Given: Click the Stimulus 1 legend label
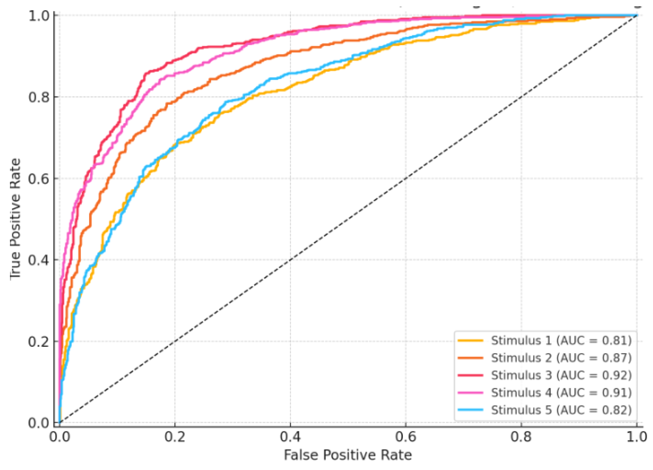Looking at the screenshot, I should tap(561, 340).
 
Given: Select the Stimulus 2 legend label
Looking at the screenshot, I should tap(561, 358).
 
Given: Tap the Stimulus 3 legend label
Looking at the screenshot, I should tap(561, 375).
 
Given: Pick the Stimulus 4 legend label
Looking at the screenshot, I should tap(561, 392).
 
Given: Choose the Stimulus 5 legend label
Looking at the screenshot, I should tap(561, 410).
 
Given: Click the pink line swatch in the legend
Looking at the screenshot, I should tap(470, 392).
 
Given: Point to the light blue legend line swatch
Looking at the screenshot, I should tap(470, 410).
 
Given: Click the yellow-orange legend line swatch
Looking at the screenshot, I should tap(470, 340).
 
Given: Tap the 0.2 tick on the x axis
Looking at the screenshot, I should tap(175, 437).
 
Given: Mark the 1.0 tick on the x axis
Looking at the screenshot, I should tap(636, 437).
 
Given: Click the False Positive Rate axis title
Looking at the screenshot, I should tap(348, 455).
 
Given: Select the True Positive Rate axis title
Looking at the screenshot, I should tap(15, 219).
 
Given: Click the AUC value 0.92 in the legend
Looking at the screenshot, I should tap(616, 375).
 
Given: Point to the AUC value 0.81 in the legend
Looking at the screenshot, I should tap(616, 340).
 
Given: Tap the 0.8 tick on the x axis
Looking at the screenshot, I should tap(521, 437).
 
